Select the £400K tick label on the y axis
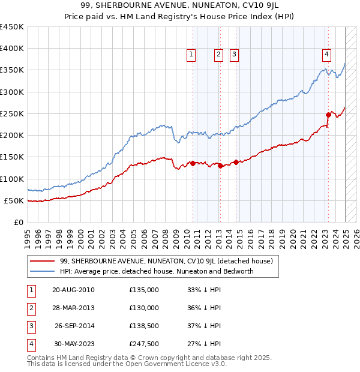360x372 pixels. coord(12,49)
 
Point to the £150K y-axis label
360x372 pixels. coord(12,157)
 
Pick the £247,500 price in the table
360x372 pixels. coord(144,344)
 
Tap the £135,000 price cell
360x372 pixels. coord(144,290)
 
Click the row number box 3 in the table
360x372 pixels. coord(31,326)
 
